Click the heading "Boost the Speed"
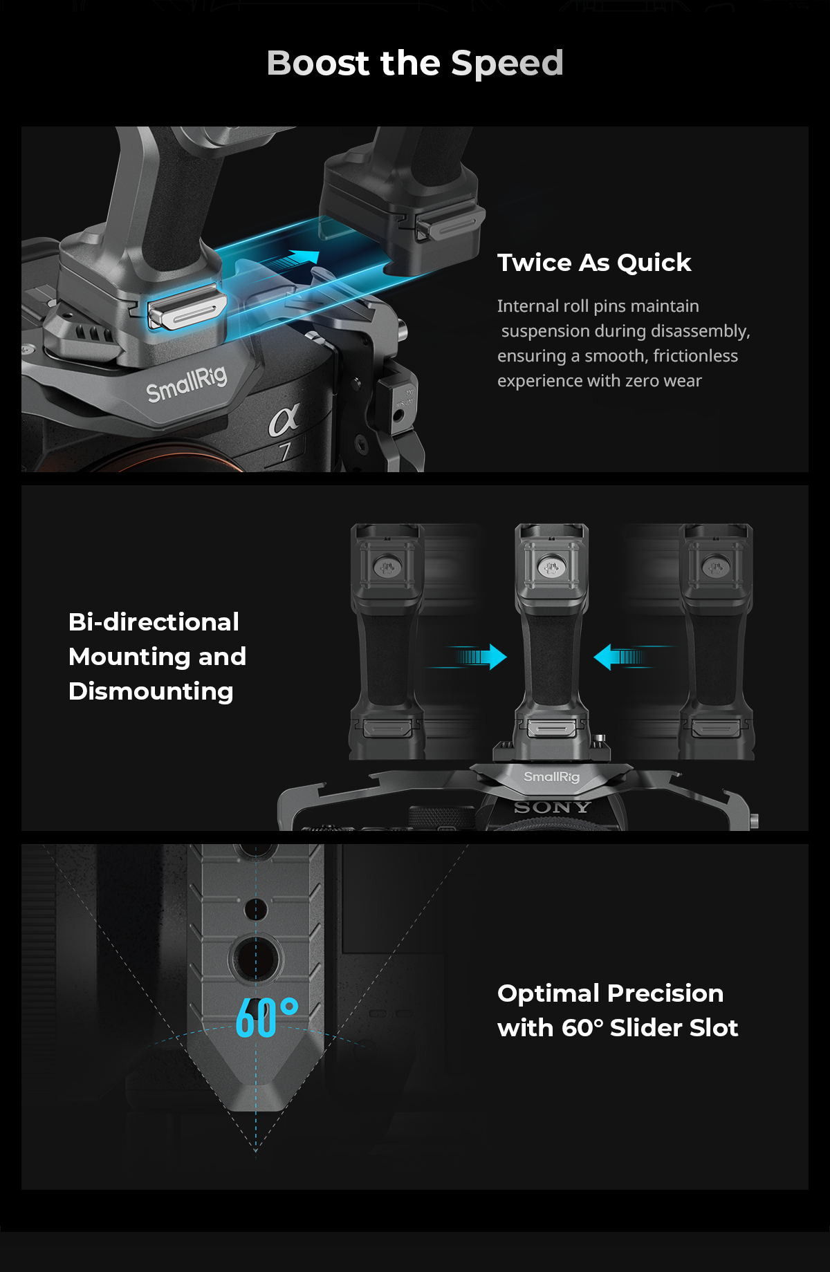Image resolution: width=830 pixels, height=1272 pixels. coord(415,63)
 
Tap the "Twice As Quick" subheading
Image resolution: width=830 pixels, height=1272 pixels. coord(594,263)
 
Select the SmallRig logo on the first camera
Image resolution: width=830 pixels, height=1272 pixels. coord(186,382)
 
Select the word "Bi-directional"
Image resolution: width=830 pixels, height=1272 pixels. coord(154,621)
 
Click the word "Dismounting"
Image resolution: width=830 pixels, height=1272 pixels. coord(151,691)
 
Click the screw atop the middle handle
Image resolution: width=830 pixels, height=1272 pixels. coord(551,568)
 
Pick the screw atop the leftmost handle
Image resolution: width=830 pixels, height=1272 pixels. coord(386,568)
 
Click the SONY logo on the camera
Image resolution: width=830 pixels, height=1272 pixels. coord(552,807)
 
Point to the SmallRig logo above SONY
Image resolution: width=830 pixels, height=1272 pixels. coord(551,777)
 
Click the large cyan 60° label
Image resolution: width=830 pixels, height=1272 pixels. coord(267,1018)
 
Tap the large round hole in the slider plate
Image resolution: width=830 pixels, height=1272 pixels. coord(255,959)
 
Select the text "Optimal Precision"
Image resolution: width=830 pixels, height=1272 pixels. coord(610,993)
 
